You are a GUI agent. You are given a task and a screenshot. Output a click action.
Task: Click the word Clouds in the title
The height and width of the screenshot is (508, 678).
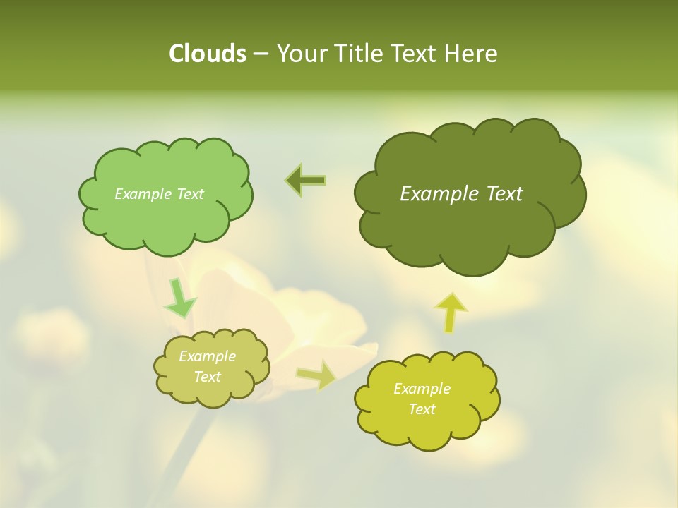tap(207, 54)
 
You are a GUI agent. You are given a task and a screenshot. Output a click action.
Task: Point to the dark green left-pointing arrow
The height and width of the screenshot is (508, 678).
tap(306, 181)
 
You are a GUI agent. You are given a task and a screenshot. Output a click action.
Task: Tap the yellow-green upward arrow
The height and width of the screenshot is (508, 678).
tap(451, 311)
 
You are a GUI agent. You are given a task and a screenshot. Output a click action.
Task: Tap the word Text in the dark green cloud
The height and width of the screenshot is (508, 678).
tap(504, 194)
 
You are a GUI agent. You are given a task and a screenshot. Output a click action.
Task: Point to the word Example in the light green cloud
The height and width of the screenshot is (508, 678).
tap(143, 194)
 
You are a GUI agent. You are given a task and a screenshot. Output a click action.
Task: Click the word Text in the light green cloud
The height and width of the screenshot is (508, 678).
tap(189, 194)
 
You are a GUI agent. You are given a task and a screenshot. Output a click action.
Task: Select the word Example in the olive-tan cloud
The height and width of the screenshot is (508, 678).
tap(207, 356)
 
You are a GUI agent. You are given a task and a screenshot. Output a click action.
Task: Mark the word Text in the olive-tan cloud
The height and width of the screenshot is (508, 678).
tap(207, 377)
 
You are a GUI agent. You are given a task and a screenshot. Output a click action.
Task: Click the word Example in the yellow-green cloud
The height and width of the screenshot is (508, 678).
tap(422, 389)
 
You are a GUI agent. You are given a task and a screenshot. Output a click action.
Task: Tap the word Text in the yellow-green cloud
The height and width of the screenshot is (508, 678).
tap(422, 409)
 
